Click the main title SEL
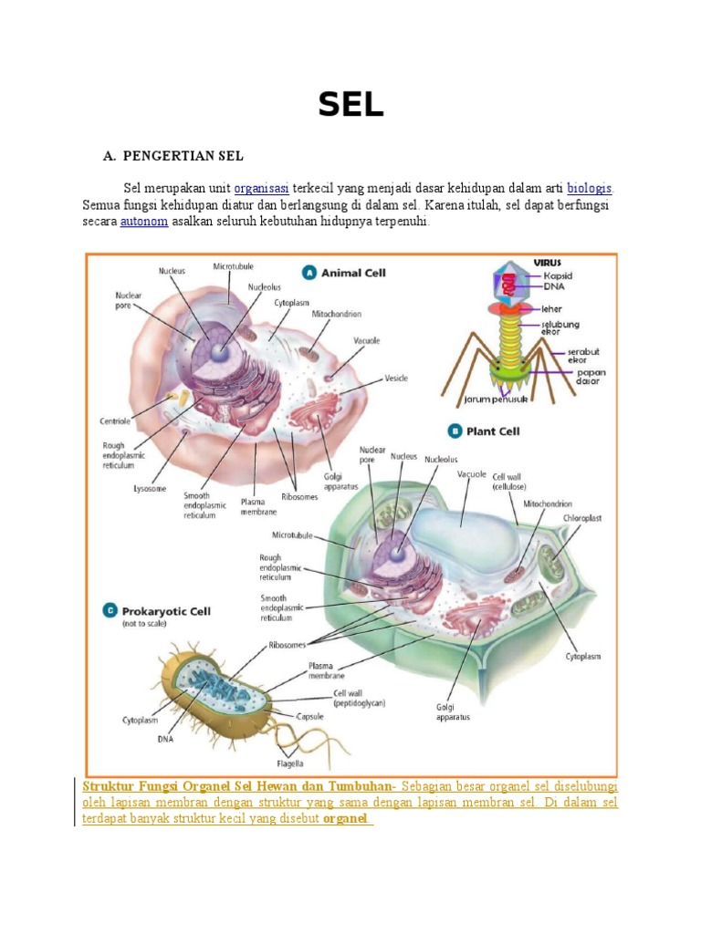tap(350, 106)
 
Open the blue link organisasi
tap(261, 188)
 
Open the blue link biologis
tap(590, 188)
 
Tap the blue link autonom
tap(144, 222)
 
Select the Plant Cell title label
tap(493, 431)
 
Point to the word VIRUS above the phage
tap(547, 262)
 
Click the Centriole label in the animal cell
tap(117, 421)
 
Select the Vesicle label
tap(395, 378)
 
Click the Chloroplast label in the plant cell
tap(581, 518)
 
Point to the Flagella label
tap(290, 763)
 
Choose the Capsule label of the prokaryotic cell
tap(311, 716)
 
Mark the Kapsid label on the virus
tap(558, 275)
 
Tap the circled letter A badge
tap(309, 272)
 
